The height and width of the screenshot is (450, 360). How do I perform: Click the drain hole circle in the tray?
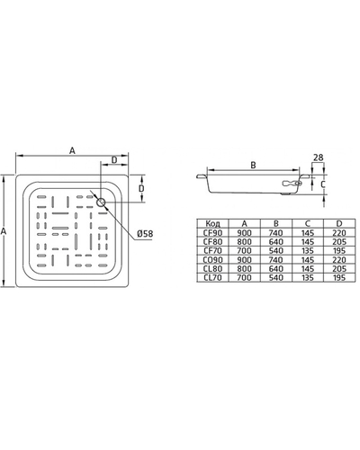click(x=101, y=202)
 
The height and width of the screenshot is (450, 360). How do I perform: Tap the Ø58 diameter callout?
click(x=145, y=234)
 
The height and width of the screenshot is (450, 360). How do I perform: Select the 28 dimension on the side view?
click(x=319, y=157)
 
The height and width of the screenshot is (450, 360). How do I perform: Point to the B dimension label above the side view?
click(x=253, y=165)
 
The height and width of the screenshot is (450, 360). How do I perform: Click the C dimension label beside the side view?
click(x=323, y=184)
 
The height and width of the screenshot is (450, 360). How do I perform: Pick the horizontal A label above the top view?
click(x=72, y=150)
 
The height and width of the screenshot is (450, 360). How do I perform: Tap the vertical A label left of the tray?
click(x=4, y=231)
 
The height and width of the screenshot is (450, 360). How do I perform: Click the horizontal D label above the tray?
click(x=114, y=160)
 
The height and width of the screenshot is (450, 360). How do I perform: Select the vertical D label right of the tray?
click(x=141, y=188)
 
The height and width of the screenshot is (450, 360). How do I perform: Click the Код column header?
click(x=212, y=223)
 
